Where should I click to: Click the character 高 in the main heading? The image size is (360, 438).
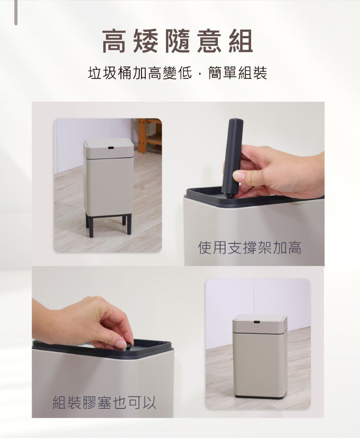pos(113,41)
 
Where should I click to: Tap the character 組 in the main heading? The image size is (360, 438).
pos(241,41)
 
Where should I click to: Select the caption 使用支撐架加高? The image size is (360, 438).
pos(250,248)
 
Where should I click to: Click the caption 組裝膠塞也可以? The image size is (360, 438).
pos(104,402)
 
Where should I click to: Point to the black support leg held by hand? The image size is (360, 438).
pos(232,158)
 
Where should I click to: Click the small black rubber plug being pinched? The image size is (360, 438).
pos(128,347)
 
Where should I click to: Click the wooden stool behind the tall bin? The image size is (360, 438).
pos(150,136)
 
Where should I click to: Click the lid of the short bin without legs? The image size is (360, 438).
pos(259,324)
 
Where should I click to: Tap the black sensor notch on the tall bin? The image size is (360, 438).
pos(111,147)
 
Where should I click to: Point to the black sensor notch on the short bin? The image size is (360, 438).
pos(256,323)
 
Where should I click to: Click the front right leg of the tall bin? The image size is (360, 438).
pos(129,225)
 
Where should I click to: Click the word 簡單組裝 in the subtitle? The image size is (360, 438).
pos(238,73)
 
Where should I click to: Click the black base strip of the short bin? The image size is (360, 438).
pos(260,396)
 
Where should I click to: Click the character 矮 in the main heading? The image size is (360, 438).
pos(145,41)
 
